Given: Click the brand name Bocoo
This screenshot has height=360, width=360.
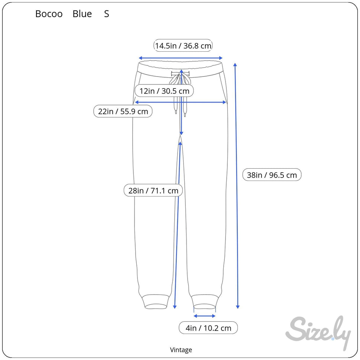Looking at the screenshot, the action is [x=49, y=14].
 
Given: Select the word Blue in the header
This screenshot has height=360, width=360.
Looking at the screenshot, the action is [x=82, y=14].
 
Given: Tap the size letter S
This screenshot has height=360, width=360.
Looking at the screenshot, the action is [x=107, y=14].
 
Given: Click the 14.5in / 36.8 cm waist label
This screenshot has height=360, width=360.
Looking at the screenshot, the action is [x=183, y=45].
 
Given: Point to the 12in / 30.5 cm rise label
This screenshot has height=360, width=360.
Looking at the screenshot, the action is [x=164, y=91].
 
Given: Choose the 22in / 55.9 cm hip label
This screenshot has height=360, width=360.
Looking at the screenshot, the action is [x=123, y=111].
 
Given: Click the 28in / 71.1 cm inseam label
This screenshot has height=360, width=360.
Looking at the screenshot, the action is [x=153, y=190].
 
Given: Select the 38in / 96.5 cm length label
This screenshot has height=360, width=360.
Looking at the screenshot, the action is [x=272, y=175].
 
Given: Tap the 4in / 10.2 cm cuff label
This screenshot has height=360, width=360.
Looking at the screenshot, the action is [x=208, y=328].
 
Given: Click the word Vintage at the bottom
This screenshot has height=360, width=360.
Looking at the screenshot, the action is [x=181, y=350].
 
